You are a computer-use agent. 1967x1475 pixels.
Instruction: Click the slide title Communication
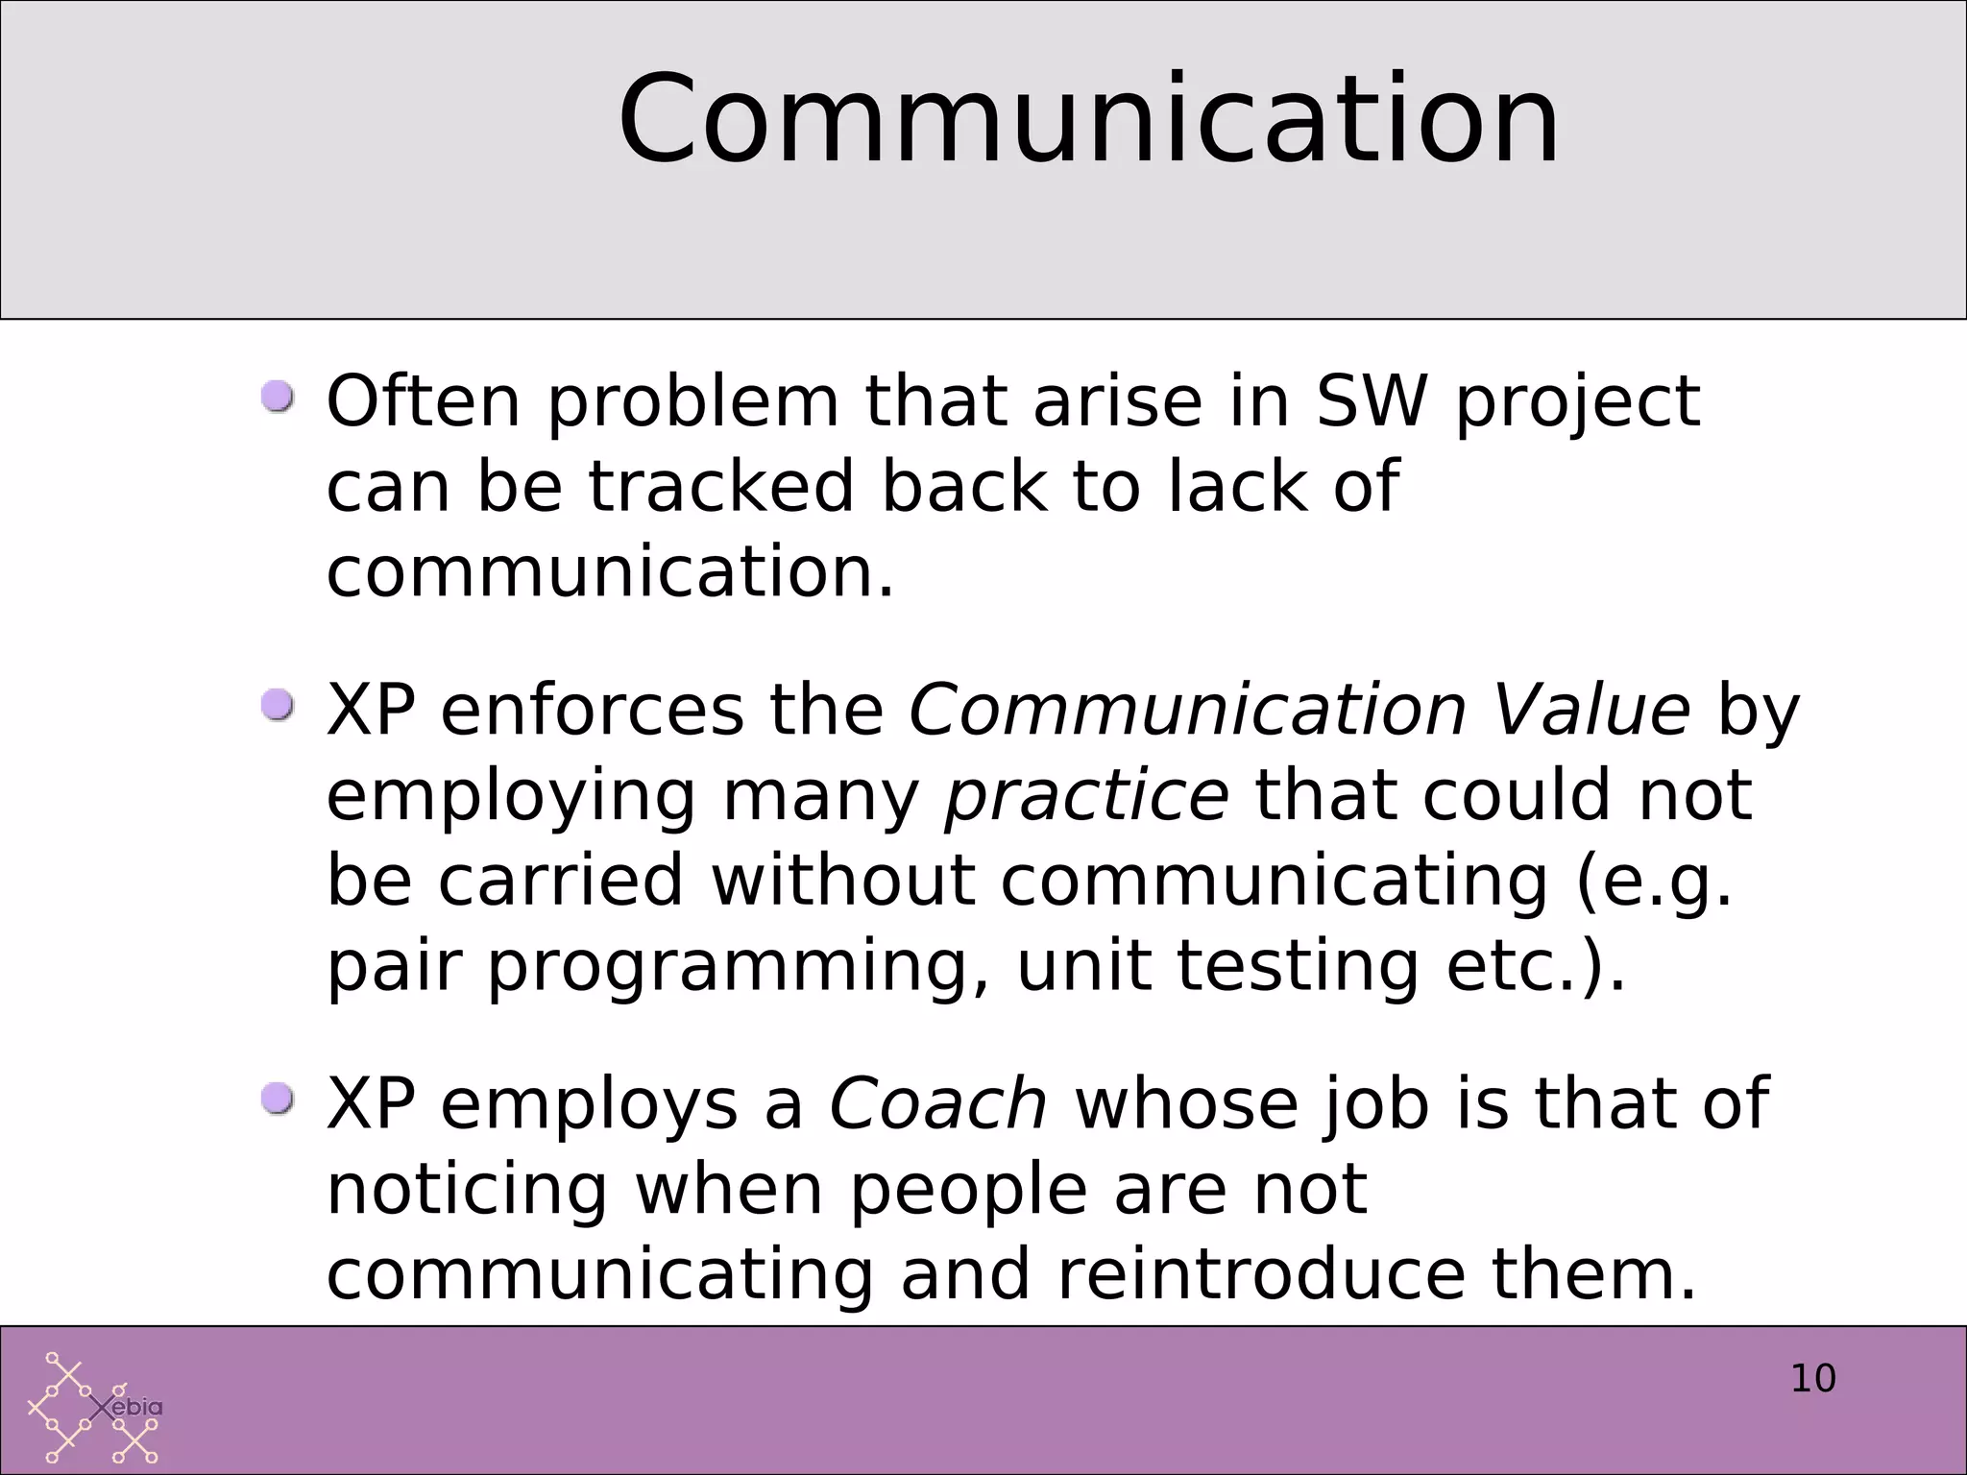coord(1088,120)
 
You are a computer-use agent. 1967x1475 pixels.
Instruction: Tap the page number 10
coord(1813,1378)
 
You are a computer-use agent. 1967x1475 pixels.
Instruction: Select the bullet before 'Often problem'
coord(279,397)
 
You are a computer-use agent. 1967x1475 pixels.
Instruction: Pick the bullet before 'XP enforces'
coord(279,706)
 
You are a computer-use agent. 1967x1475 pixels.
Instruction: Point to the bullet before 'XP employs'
coord(279,1099)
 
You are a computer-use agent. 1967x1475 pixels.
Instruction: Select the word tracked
coord(720,486)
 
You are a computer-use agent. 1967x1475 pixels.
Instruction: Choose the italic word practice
coord(1086,796)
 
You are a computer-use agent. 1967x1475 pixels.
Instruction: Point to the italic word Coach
coord(937,1103)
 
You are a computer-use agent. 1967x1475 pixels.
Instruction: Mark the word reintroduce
coord(1261,1274)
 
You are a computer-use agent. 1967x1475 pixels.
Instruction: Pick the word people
coord(968,1191)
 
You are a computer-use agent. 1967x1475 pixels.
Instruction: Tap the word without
coord(843,881)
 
